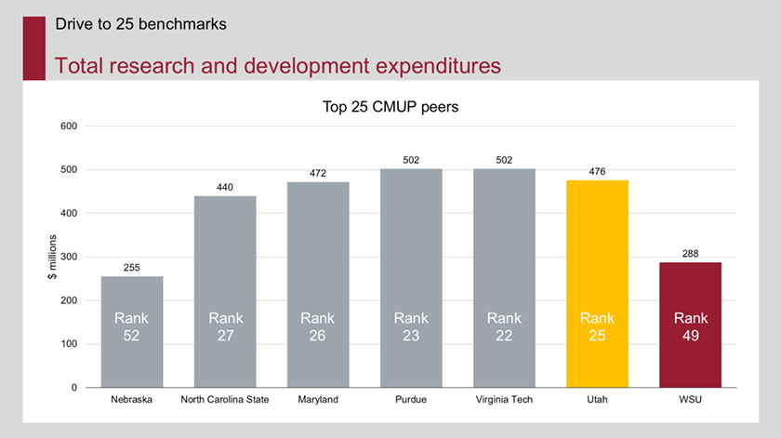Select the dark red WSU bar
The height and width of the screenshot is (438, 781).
tap(690, 325)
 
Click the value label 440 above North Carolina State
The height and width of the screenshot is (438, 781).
tap(225, 187)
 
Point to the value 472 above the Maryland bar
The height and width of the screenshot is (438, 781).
tap(318, 173)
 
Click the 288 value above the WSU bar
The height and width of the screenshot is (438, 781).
tap(690, 253)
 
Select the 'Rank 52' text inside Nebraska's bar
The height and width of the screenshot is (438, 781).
tap(132, 326)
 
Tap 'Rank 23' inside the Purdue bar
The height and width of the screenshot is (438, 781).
tap(411, 326)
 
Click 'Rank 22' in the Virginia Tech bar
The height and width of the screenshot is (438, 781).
tap(504, 326)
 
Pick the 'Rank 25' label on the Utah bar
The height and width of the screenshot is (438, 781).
tap(597, 326)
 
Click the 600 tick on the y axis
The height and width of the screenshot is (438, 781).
tap(69, 126)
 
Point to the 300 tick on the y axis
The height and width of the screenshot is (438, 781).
tap(69, 257)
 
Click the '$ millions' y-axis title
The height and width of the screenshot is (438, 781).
tap(53, 258)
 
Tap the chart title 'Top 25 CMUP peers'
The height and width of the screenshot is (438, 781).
tap(390, 107)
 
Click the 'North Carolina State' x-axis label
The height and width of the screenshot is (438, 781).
tap(225, 401)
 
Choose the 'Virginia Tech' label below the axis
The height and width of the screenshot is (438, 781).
tap(504, 401)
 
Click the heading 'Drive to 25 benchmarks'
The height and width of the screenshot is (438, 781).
tap(140, 24)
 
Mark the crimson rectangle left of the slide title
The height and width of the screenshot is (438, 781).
tap(33, 46)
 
